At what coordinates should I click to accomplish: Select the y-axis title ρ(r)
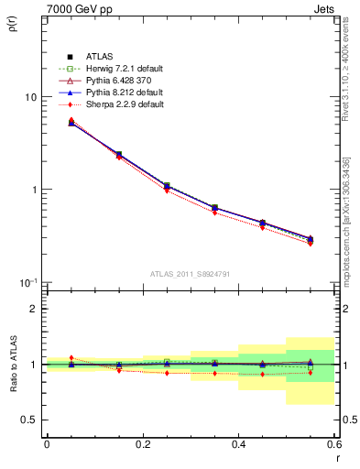tap(12, 28)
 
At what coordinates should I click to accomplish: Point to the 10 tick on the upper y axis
tap(30, 97)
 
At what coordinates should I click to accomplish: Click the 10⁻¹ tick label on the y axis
tap(28, 281)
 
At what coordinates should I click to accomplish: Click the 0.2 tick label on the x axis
tap(143, 444)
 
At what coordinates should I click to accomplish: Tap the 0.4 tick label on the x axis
tap(239, 444)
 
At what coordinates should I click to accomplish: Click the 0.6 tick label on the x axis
tap(334, 444)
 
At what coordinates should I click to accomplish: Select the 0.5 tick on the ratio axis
tap(30, 420)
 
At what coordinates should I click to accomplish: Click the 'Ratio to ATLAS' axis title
tap(12, 364)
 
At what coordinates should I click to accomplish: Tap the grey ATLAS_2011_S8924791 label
tap(191, 273)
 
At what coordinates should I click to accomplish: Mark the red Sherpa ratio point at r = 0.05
tap(71, 358)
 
